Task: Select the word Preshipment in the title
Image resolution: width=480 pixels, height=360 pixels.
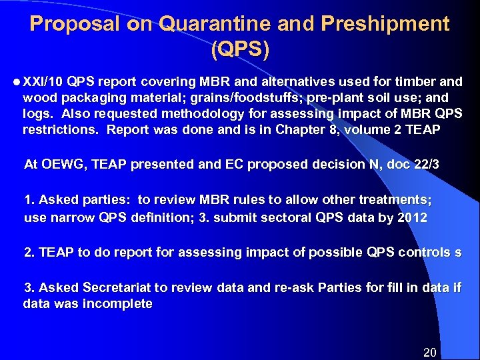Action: click(x=385, y=24)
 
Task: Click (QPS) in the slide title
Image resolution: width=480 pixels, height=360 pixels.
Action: click(x=240, y=50)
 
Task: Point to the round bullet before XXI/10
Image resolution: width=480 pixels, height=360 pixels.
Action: click(x=16, y=82)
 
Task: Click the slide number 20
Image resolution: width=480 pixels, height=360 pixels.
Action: click(x=430, y=351)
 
